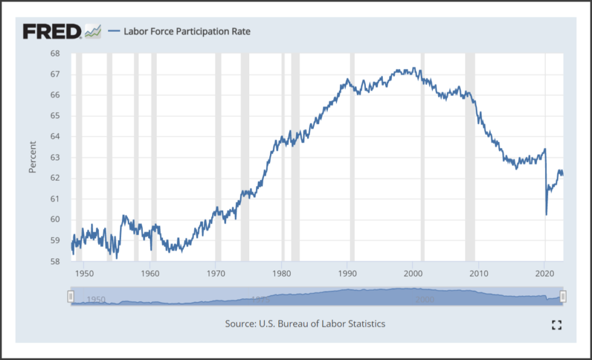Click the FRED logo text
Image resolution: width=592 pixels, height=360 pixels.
coord(52,31)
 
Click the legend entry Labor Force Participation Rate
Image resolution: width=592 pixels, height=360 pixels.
coord(187,31)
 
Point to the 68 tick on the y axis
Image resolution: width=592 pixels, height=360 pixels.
coord(55,54)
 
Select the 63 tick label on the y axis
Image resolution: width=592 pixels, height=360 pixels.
coord(55,157)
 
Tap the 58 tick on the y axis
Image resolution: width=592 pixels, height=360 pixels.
coord(55,261)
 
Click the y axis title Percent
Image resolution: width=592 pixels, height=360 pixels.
coord(32,157)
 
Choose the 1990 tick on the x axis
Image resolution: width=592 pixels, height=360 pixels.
coord(347,273)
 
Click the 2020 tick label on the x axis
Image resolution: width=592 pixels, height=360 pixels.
coord(545,273)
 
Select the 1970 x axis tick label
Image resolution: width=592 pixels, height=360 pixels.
coord(215,273)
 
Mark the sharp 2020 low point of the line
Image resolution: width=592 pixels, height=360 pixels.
coord(546,215)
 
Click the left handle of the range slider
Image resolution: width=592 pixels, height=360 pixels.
coord(71,296)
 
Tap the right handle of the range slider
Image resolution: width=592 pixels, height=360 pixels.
coord(563,296)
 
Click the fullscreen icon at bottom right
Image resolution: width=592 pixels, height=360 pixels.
coord(557,325)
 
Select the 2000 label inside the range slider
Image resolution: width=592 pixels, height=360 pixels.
coord(425,299)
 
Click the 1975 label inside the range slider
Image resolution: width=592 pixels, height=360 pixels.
coord(261,299)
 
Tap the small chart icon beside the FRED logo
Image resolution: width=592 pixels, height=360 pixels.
coord(92,31)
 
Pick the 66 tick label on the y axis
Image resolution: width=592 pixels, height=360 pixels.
coord(55,95)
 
